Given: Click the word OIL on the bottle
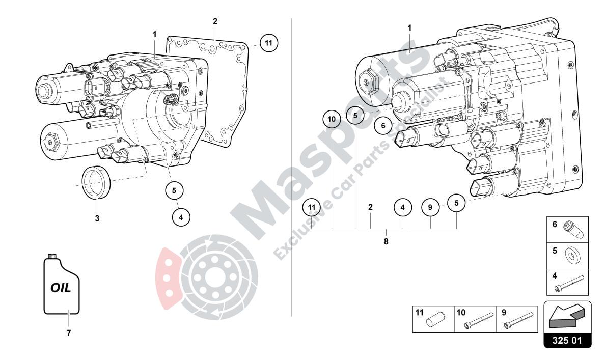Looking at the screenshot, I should click(61, 288).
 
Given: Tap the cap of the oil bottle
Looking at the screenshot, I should click(51, 255).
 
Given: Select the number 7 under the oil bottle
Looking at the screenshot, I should click(68, 333).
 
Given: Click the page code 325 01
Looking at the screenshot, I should click(568, 340).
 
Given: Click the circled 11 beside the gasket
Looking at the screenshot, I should click(268, 43).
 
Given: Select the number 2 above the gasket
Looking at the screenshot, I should click(215, 21).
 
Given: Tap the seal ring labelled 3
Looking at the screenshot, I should click(96, 181).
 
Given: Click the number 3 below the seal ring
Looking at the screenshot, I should click(97, 219).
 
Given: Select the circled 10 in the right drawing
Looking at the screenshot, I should click(332, 120).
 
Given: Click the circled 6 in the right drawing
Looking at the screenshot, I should click(383, 125).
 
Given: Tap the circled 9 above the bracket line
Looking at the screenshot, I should click(430, 207).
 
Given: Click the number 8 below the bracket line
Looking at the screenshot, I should click(386, 241).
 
